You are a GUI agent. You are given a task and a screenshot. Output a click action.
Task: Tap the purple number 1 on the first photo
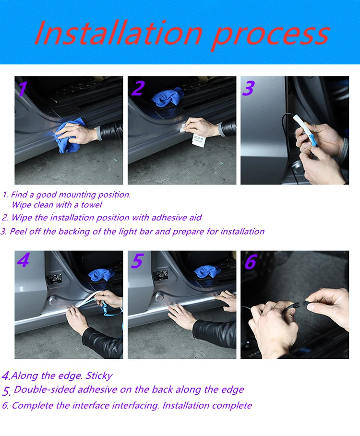click(x=22, y=89)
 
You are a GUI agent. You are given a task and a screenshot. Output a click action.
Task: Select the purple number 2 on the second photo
click(x=138, y=88)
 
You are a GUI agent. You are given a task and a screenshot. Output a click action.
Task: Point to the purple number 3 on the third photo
click(x=249, y=88)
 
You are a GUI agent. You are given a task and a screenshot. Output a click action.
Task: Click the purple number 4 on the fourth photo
click(x=23, y=260)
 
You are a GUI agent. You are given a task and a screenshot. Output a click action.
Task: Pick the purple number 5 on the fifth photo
click(x=137, y=261)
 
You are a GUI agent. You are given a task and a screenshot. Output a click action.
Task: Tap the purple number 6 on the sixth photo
click(x=251, y=261)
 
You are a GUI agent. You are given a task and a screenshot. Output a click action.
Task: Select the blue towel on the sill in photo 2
click(x=168, y=97)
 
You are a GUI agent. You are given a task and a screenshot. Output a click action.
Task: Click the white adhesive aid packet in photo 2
click(x=199, y=140)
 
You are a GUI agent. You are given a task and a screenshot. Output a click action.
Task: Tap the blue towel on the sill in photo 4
click(x=101, y=275)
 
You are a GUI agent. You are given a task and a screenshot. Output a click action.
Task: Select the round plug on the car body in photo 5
click(x=159, y=297)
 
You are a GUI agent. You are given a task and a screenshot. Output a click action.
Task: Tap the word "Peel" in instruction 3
click(x=18, y=231)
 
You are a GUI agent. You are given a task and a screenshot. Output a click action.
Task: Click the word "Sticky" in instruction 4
click(x=99, y=376)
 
